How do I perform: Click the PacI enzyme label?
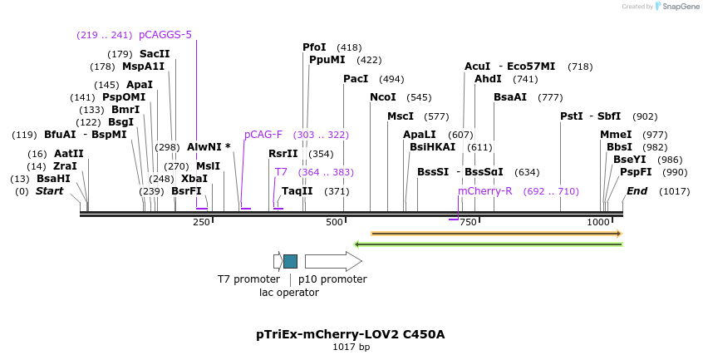[356, 79]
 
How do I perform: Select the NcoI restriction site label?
[383, 97]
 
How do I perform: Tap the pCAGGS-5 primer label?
[165, 35]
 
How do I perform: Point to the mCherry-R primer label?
[485, 190]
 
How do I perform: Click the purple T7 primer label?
[281, 172]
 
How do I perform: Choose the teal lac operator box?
[290, 261]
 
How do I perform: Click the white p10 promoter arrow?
[332, 261]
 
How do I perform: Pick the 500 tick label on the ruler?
[335, 223]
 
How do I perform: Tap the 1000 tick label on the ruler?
[598, 223]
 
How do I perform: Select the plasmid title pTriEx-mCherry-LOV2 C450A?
[351, 334]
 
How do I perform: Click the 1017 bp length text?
[351, 348]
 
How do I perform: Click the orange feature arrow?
[496, 234]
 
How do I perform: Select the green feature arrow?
[488, 244]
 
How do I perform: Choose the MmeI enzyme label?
[616, 135]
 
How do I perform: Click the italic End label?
[637, 191]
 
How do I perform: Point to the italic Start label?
[49, 191]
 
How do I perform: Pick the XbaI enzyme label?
[194, 178]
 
